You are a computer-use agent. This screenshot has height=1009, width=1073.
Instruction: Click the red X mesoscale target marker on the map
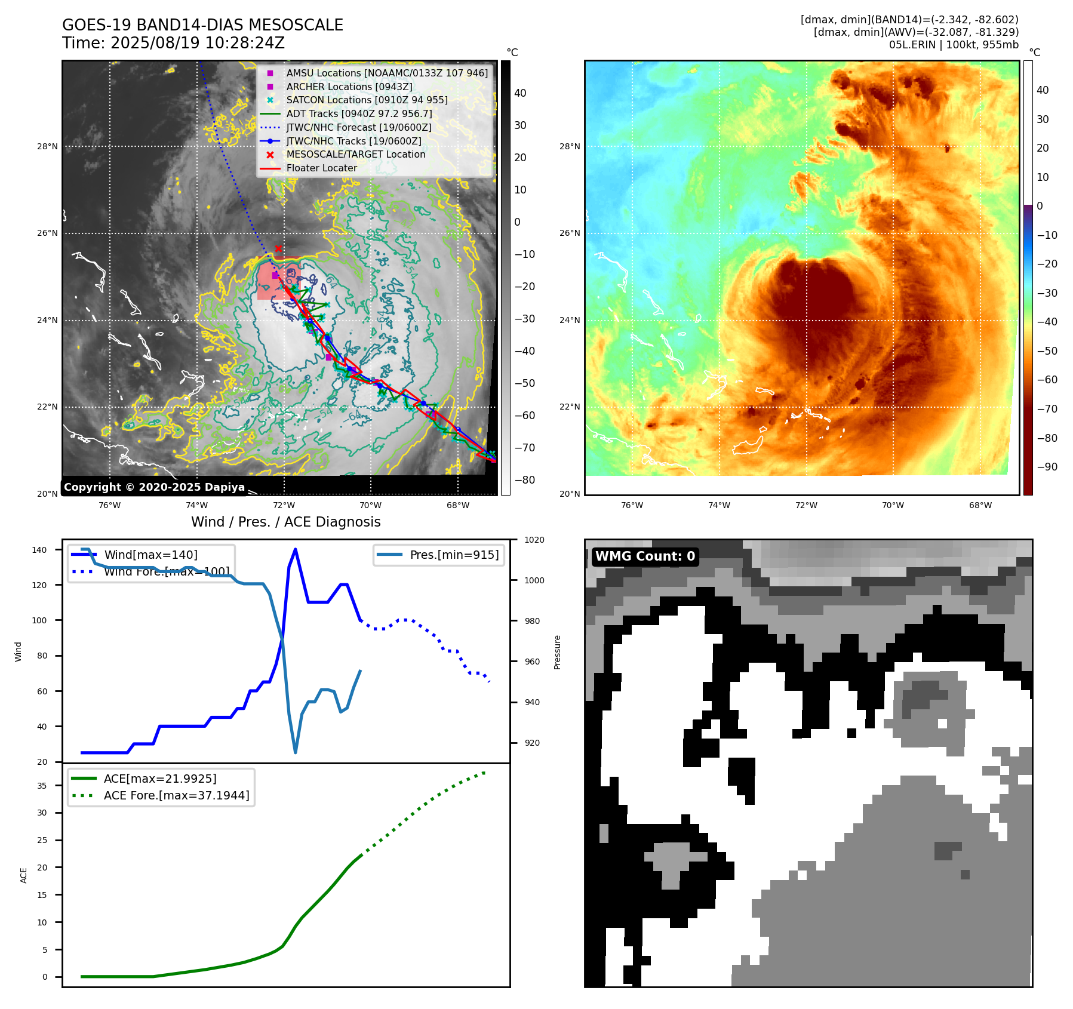[x=278, y=249]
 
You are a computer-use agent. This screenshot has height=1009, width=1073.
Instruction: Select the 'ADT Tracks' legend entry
[x=358, y=113]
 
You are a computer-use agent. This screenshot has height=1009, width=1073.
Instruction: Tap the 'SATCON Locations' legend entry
[x=366, y=100]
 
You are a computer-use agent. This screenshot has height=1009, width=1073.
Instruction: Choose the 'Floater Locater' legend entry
[x=321, y=168]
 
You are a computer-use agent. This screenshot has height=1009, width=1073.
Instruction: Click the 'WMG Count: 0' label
[x=645, y=556]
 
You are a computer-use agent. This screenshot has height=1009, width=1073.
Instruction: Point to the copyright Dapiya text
[x=154, y=487]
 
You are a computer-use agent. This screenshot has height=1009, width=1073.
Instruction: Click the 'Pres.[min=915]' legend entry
[x=454, y=555]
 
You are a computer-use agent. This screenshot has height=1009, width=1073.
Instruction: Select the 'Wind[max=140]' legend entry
[x=150, y=555]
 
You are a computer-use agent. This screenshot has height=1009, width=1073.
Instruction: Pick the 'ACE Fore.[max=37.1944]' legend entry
[x=176, y=795]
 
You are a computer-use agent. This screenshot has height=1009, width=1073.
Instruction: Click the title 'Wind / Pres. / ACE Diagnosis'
[x=285, y=522]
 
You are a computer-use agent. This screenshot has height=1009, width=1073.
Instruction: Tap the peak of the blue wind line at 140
[x=296, y=549]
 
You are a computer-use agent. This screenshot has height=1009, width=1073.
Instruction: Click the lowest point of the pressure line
[x=296, y=752]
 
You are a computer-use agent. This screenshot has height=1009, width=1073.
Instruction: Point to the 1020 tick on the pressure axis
[x=534, y=540]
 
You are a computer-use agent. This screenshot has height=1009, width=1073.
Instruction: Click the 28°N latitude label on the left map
[x=48, y=146]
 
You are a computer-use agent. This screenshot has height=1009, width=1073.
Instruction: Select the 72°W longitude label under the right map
[x=806, y=505]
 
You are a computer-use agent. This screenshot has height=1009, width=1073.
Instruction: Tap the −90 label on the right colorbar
[x=1047, y=467]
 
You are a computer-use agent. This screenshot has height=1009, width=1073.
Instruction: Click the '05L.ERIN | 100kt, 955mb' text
[x=954, y=45]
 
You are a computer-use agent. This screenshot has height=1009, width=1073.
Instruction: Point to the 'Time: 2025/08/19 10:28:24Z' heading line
[x=173, y=43]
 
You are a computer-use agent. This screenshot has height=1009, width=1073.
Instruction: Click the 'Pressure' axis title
[x=557, y=652]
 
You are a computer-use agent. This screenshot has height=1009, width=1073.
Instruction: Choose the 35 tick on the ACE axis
[x=42, y=786]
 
